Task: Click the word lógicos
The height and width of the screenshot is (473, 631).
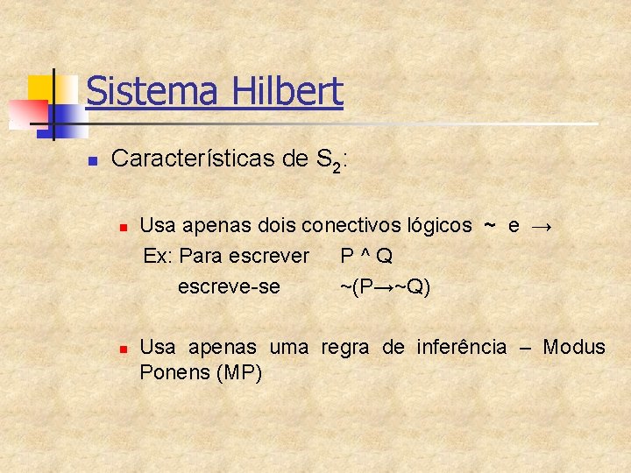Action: (439, 225)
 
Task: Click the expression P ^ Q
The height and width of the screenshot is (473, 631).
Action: (366, 256)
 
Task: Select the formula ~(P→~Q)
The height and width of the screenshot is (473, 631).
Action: (386, 286)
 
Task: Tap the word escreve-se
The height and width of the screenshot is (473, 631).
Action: (229, 286)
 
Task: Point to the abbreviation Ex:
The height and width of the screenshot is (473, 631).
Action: (158, 256)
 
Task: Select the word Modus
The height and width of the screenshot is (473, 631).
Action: (574, 347)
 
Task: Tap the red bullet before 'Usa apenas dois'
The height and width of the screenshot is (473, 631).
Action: (124, 227)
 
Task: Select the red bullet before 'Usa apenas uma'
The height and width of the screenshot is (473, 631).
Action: (124, 349)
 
